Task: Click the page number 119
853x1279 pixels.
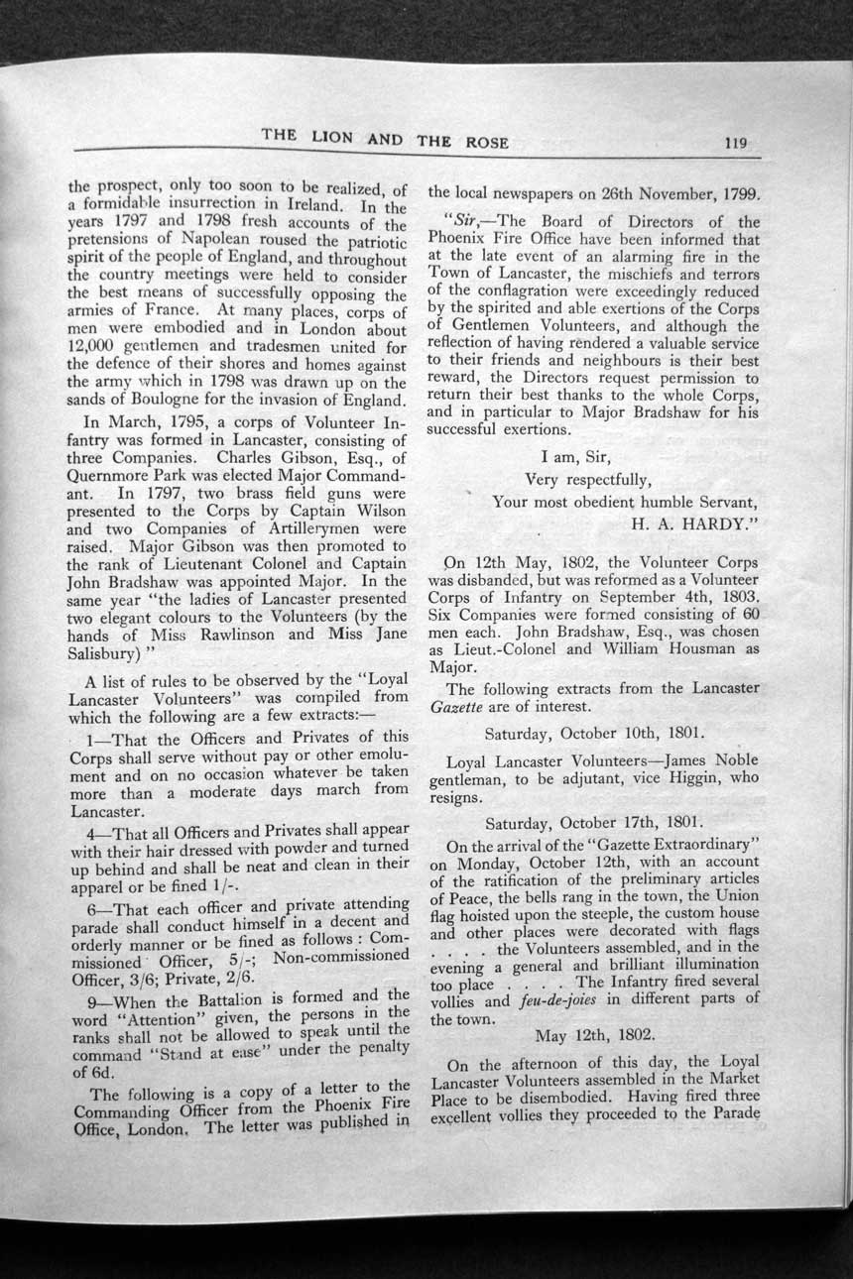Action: pyautogui.click(x=735, y=142)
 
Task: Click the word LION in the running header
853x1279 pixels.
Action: pyautogui.click(x=331, y=137)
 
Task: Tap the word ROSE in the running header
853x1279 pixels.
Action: pyautogui.click(x=485, y=142)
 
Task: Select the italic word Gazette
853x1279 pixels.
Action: pyautogui.click(x=456, y=707)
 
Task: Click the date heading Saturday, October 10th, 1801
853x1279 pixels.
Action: pyautogui.click(x=594, y=735)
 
